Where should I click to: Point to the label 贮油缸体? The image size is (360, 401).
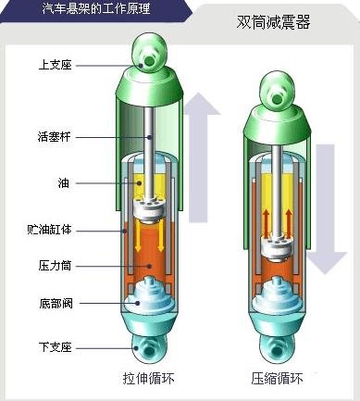tap(47, 228)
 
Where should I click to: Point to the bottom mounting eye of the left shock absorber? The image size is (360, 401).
tap(148, 350)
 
